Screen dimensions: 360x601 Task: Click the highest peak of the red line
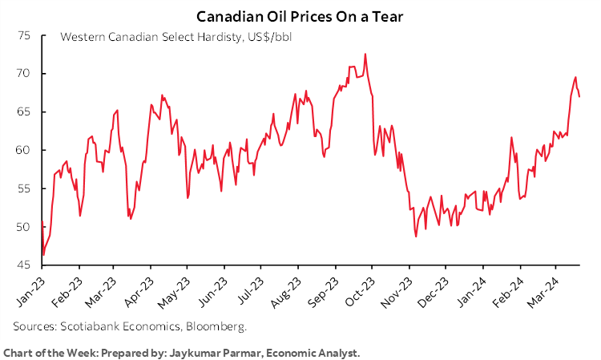365,55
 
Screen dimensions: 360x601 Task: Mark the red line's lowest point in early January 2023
43,255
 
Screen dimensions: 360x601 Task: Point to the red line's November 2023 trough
416,237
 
